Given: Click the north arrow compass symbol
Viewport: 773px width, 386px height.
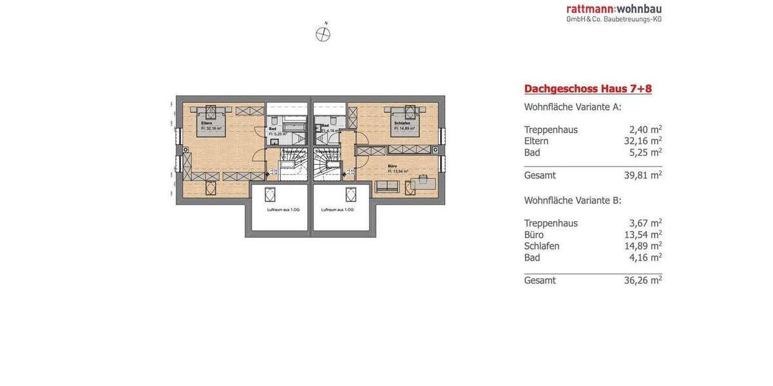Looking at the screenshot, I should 323,34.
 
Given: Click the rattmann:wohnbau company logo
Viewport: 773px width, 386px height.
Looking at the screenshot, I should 614,9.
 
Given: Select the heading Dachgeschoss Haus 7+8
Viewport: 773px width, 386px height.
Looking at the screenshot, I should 587,89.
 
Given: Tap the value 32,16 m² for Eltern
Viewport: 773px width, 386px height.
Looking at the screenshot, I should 642,141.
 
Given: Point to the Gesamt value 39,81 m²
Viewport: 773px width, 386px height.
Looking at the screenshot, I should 642,175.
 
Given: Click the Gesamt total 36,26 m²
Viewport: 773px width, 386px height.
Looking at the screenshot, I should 642,280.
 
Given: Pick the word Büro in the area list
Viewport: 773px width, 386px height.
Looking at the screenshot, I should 534,235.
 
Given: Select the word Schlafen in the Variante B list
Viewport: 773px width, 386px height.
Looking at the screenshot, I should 542,246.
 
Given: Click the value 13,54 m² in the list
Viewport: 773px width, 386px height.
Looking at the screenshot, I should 642,235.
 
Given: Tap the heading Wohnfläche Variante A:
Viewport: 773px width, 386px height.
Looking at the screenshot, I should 573,107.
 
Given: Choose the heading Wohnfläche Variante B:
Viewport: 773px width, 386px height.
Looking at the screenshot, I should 573,201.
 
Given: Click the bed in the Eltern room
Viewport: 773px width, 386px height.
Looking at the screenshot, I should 211,120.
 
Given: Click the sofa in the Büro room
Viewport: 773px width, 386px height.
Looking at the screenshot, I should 386,187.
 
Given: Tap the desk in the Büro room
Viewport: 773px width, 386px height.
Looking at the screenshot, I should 423,183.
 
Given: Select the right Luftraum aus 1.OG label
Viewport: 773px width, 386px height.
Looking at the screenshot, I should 338,210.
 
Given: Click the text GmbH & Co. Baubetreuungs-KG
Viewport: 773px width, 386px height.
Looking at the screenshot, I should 614,19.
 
